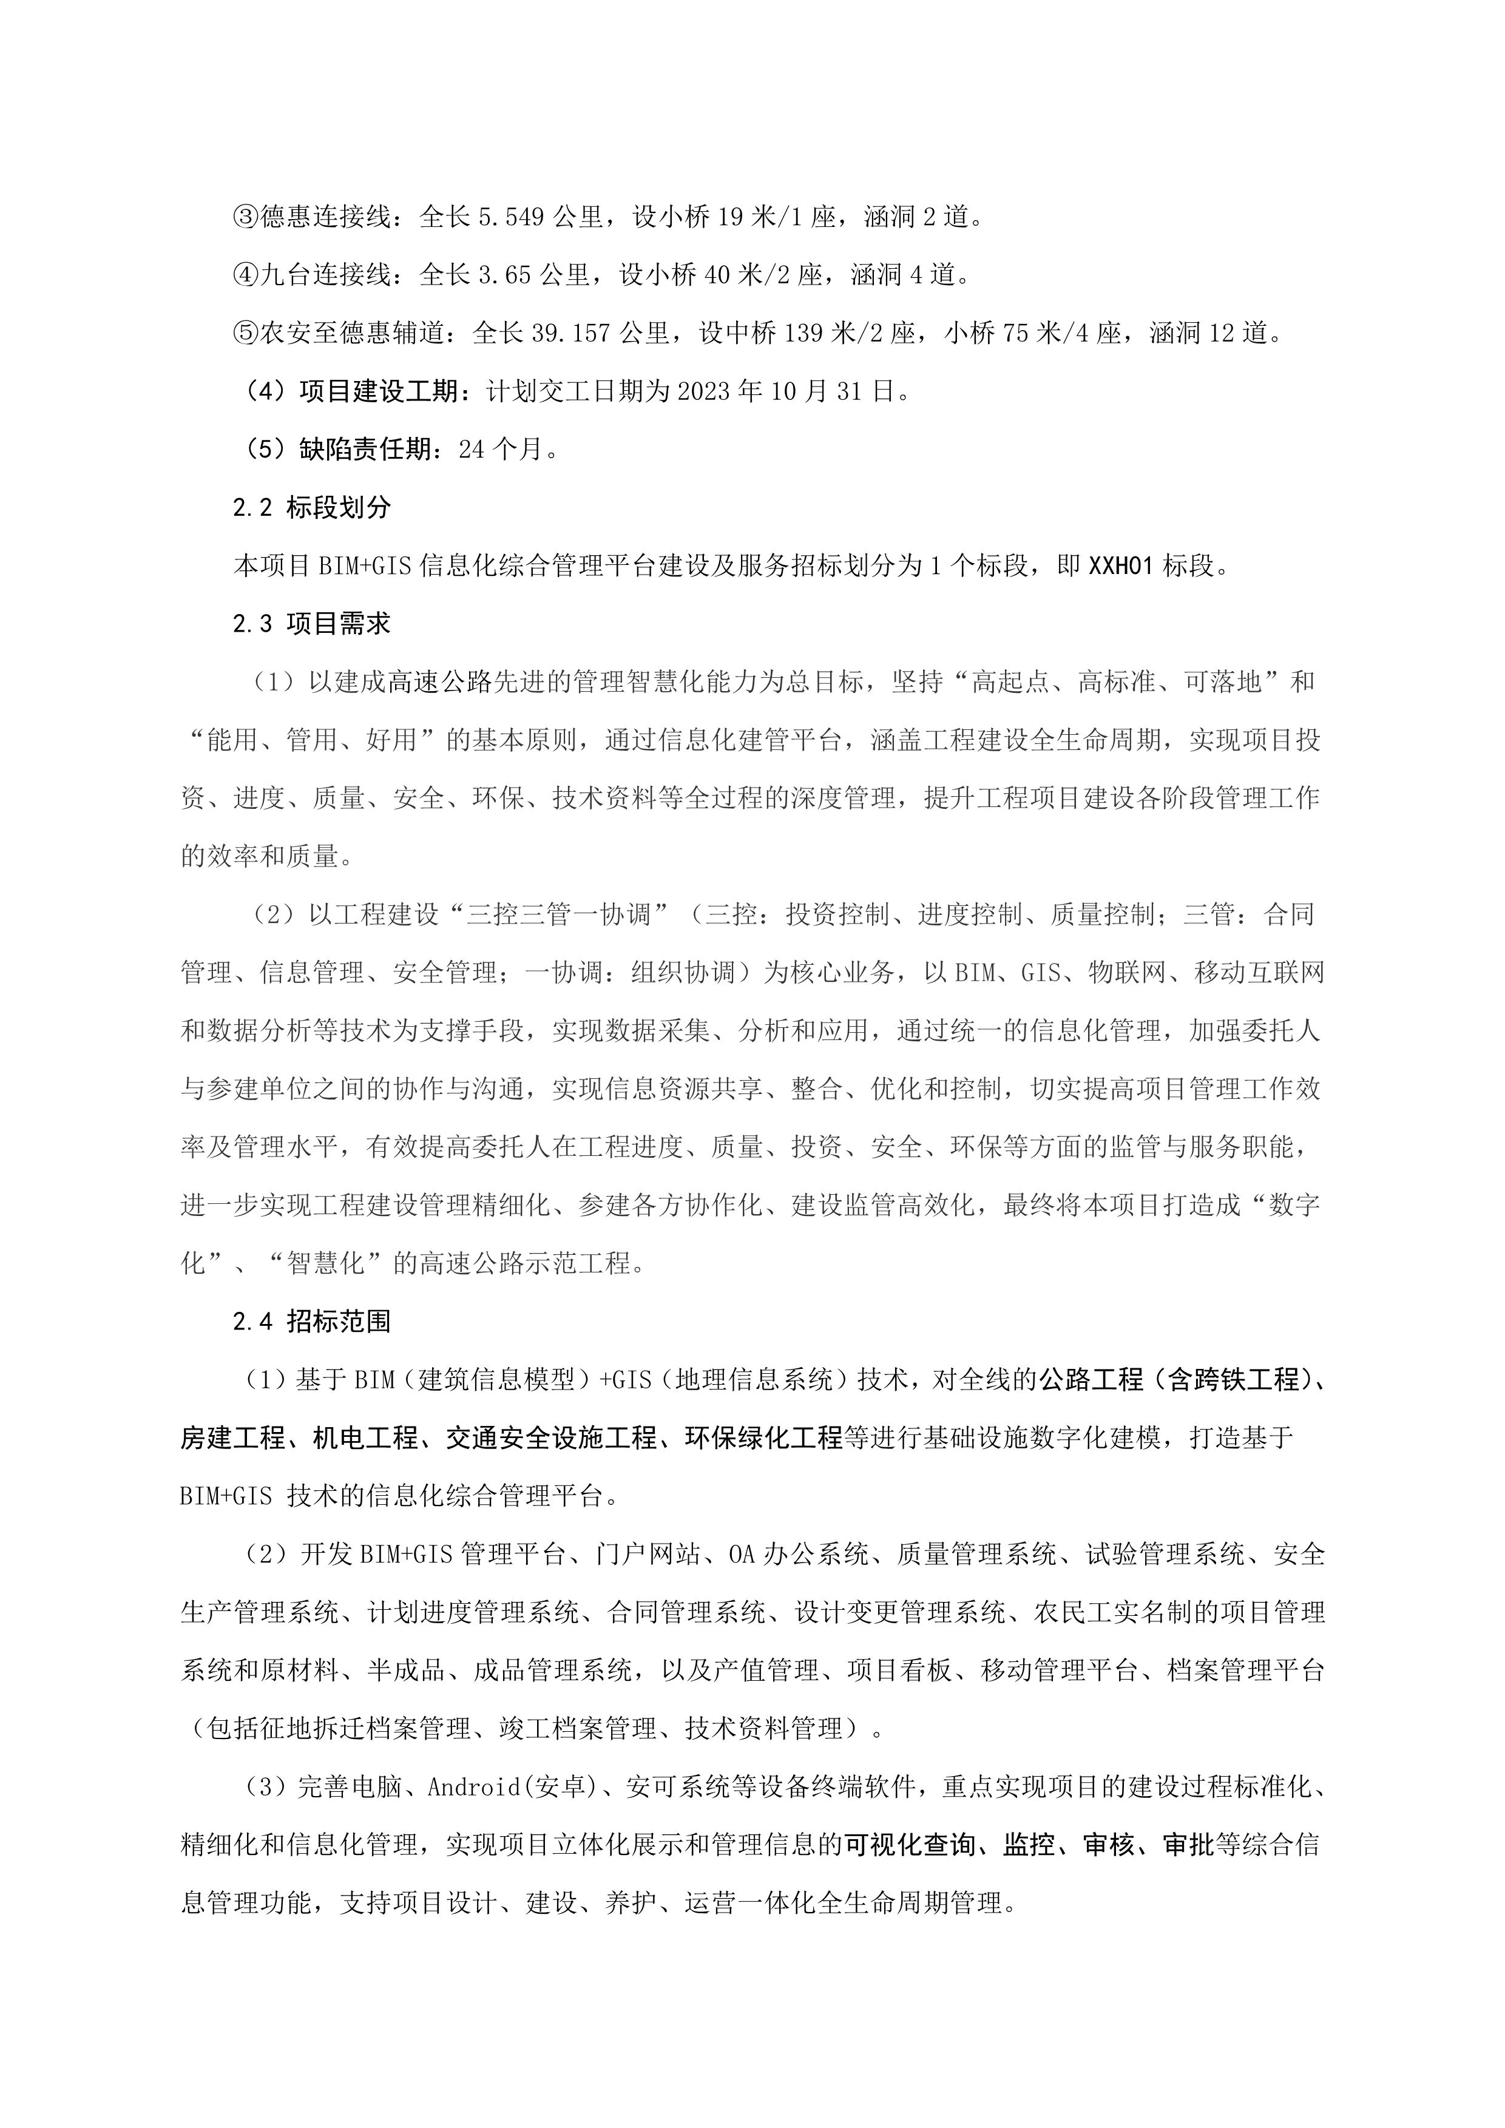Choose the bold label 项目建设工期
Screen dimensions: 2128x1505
click(379, 392)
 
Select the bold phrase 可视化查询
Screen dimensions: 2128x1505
click(908, 1845)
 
